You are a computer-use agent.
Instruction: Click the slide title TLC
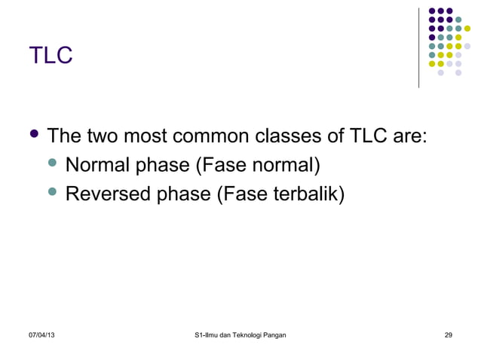point(51,55)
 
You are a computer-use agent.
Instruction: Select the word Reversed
point(108,194)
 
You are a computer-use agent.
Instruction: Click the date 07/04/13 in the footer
point(41,334)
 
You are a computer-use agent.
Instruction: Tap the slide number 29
point(449,334)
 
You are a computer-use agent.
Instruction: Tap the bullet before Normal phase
point(52,164)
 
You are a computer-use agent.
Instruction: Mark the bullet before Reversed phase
point(52,193)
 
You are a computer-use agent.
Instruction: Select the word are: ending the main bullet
point(411,136)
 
